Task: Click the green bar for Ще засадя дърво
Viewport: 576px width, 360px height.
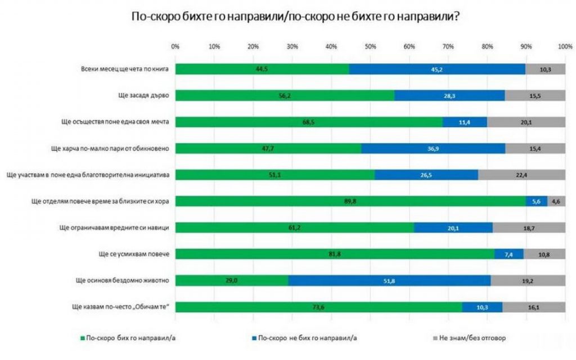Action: (x=284, y=96)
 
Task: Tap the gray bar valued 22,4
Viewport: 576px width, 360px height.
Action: (x=521, y=175)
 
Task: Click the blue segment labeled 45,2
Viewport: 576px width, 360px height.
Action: (x=437, y=69)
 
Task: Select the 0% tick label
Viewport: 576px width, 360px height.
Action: (x=175, y=46)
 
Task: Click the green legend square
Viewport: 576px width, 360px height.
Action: (x=82, y=339)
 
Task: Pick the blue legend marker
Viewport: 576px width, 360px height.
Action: (x=255, y=339)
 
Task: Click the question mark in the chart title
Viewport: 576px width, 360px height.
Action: (x=459, y=17)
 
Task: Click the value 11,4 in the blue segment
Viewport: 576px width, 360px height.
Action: (x=465, y=122)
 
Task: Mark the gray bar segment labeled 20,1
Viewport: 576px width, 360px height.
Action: (x=526, y=122)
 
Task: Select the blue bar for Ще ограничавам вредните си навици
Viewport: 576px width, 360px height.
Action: (x=453, y=228)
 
